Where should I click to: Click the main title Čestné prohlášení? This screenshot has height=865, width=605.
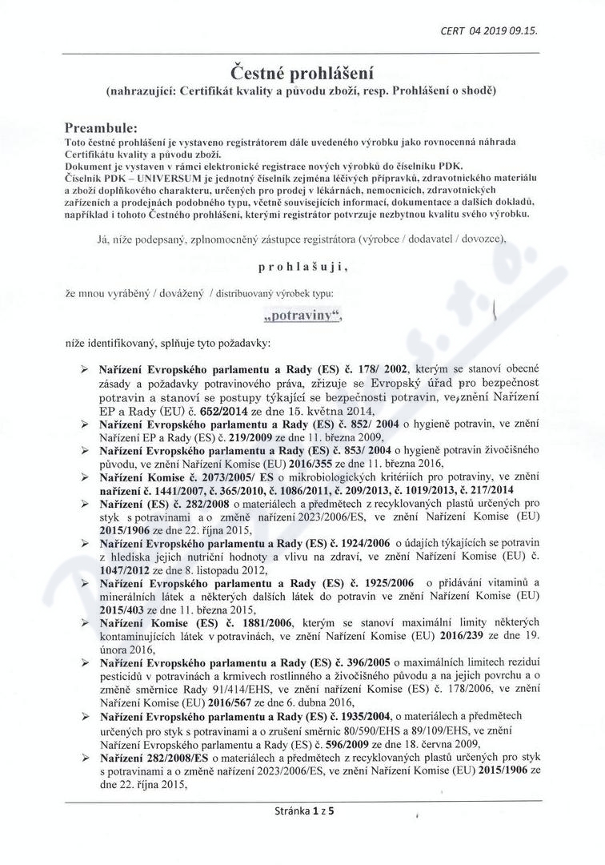(302, 73)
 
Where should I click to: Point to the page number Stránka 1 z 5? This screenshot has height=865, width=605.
(302, 810)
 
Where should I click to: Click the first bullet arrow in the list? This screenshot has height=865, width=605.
(86, 369)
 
